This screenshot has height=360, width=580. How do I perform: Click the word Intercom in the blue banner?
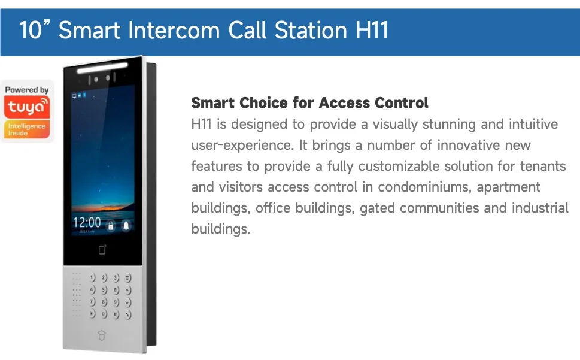click(174, 30)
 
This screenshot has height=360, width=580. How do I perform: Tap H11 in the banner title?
click(372, 30)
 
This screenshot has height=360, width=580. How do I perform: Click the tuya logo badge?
click(26, 107)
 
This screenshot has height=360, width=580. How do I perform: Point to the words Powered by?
click(26, 90)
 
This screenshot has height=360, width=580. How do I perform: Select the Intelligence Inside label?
click(26, 129)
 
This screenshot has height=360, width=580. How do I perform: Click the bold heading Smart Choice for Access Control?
click(309, 103)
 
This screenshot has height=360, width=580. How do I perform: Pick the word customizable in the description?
click(399, 166)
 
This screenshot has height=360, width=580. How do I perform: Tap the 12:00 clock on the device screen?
click(87, 222)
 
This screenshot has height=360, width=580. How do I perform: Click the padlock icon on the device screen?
click(110, 225)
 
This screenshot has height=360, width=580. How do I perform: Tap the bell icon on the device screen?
click(126, 225)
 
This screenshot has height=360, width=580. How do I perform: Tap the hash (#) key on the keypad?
click(116, 314)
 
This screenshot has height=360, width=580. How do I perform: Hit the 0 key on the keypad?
click(104, 314)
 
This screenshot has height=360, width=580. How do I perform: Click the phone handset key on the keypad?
click(127, 314)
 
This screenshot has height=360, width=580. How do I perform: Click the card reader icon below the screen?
click(102, 249)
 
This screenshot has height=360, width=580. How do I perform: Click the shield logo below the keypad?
click(101, 335)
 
